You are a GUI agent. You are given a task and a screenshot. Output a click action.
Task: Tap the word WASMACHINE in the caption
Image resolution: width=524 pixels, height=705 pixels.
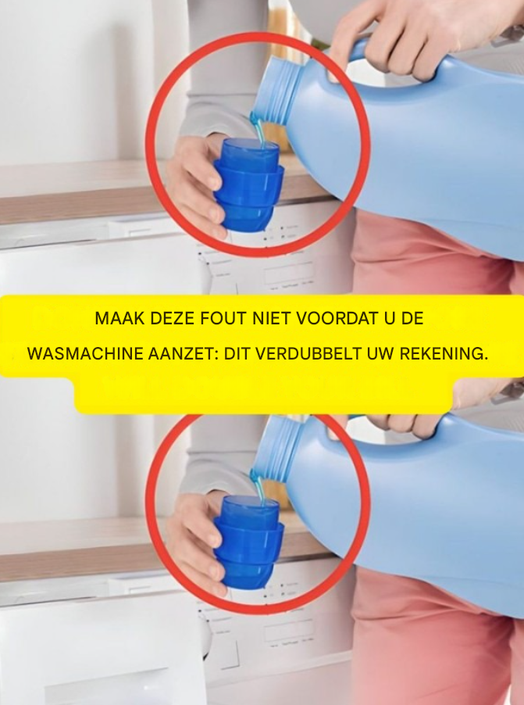pyautogui.click(x=85, y=354)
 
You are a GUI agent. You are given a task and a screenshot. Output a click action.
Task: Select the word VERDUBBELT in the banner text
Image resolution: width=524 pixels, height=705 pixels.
pyautogui.click(x=308, y=354)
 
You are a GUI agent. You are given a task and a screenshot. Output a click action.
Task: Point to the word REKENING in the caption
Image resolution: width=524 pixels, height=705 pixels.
pyautogui.click(x=443, y=354)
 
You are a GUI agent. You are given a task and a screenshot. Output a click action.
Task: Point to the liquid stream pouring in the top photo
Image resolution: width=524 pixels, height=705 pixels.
pyautogui.click(x=258, y=129)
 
